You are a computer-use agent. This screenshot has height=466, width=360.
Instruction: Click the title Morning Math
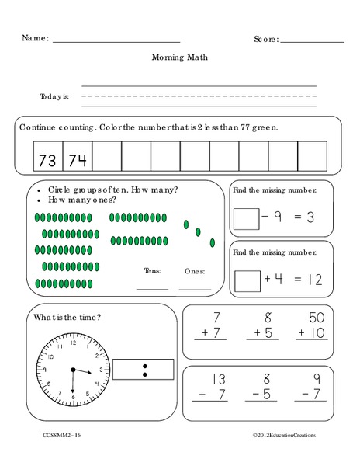click(x=180, y=57)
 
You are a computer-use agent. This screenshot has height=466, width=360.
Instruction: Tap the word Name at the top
click(x=36, y=38)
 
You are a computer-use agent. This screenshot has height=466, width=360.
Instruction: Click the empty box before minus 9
click(x=246, y=218)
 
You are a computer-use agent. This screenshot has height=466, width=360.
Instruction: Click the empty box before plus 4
click(x=246, y=278)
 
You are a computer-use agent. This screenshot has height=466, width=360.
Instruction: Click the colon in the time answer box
click(x=144, y=369)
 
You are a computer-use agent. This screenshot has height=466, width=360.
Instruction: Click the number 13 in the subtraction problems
click(x=216, y=379)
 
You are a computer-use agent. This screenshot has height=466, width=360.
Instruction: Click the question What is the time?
click(x=67, y=316)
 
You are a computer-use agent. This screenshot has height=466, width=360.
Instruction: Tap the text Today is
click(x=54, y=96)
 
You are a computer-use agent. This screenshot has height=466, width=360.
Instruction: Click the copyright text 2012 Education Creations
click(x=289, y=436)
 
